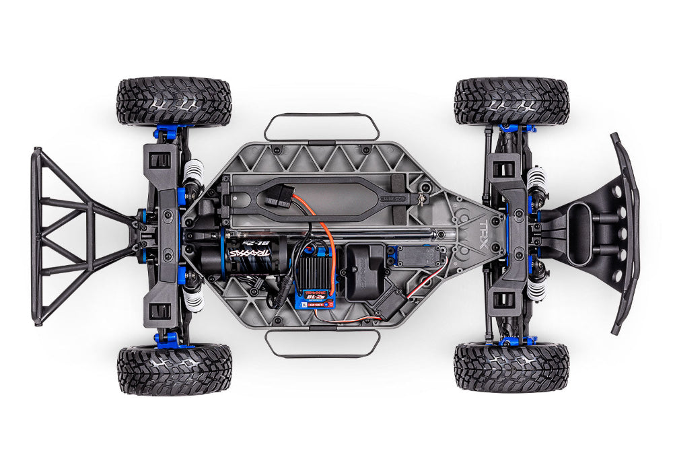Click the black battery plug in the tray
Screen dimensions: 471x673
pos(277,196)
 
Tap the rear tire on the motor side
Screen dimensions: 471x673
pos(174,369)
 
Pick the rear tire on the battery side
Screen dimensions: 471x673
pos(174,102)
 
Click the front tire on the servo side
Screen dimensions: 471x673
pos(511,367)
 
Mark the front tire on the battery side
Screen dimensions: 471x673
pos(511,102)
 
